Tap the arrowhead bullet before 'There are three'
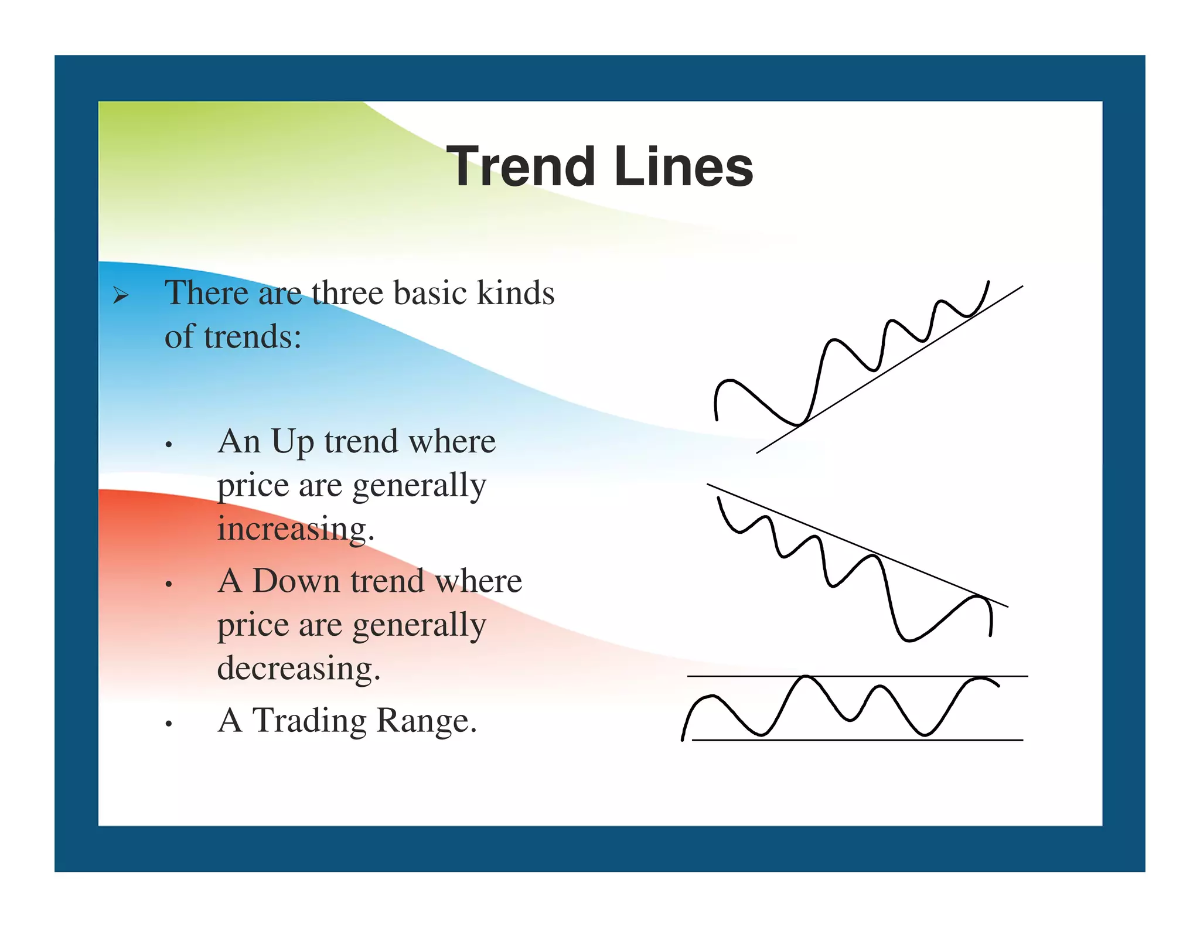[120, 296]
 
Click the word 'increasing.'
[296, 529]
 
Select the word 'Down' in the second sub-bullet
[296, 581]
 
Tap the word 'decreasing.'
[299, 668]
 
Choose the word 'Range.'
[427, 721]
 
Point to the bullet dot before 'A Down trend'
[169, 585]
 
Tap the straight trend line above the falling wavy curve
[820, 530]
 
